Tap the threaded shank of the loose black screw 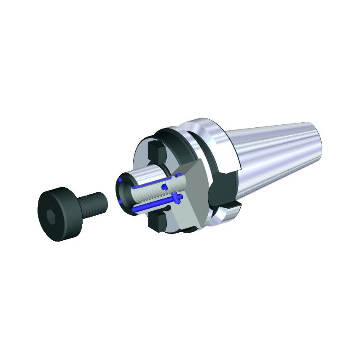coord(93,203)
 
